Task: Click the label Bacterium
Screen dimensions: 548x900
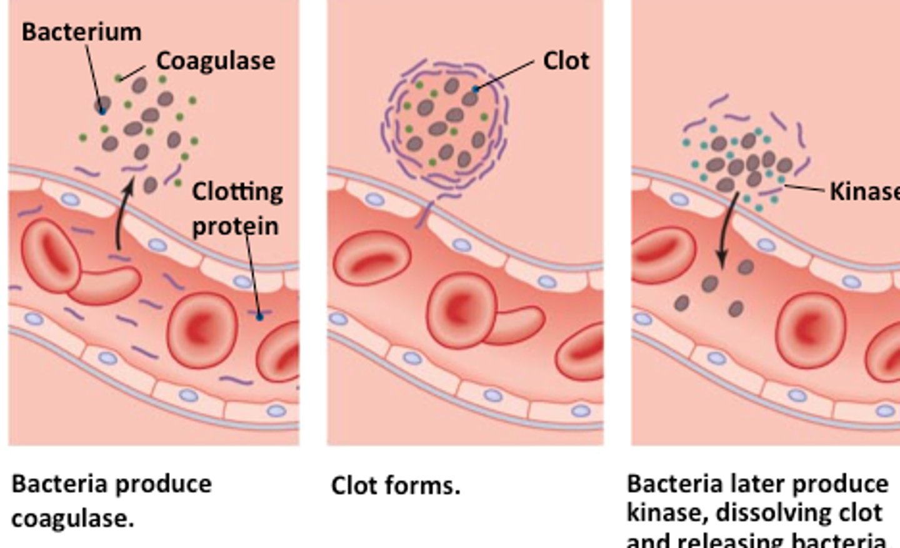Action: [81, 32]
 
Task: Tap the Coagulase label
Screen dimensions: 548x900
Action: [215, 61]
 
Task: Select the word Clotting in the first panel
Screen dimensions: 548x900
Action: [237, 191]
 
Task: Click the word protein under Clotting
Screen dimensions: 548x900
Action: [234, 226]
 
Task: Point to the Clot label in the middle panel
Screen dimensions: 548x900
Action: [566, 61]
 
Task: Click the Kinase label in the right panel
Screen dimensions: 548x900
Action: [864, 191]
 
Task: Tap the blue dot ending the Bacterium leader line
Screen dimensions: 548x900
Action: [102, 111]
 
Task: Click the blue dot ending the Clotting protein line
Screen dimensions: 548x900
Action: [260, 317]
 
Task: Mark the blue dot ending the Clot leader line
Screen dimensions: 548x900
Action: [476, 89]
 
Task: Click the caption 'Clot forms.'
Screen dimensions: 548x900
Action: [395, 485]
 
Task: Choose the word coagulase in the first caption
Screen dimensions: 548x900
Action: [72, 519]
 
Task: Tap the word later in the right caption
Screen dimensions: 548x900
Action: [758, 484]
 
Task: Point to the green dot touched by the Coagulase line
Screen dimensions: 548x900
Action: [118, 78]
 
